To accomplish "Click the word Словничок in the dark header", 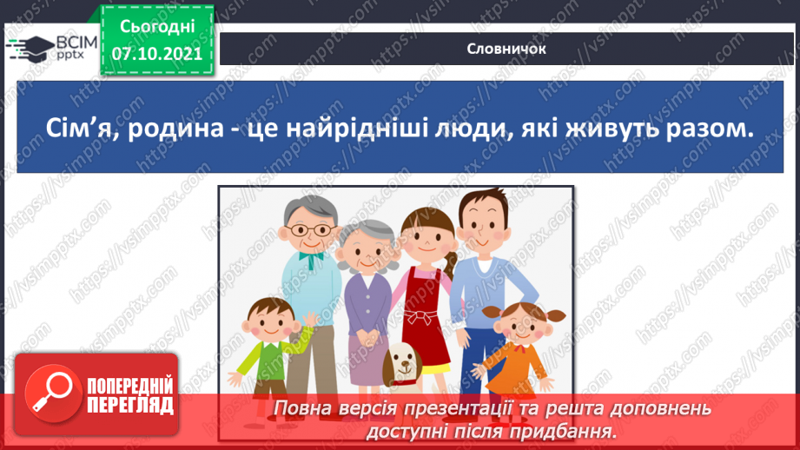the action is point(506,49).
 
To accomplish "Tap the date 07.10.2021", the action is point(157,54).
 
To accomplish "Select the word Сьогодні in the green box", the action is point(157,27).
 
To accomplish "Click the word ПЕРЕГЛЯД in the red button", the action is point(130,406).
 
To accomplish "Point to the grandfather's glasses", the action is point(311,230).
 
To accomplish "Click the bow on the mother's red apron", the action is point(421,316).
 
